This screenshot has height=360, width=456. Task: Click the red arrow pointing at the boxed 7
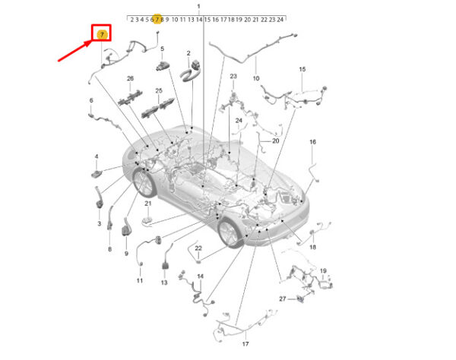[x=75, y=51]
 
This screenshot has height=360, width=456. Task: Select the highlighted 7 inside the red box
[x=102, y=35]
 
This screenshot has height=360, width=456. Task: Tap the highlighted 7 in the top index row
[x=157, y=20]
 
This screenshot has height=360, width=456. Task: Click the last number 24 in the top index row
[x=280, y=20]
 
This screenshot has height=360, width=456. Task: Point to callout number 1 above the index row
[x=199, y=6]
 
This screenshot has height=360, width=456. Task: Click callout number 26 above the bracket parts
[x=130, y=78]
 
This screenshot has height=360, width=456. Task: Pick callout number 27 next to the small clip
[x=283, y=298]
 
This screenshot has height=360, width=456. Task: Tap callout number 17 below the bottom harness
[x=245, y=344]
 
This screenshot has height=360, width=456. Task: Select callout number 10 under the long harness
[x=256, y=78]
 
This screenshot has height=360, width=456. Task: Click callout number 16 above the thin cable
[x=312, y=142]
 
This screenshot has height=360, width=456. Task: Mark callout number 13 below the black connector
[x=164, y=283]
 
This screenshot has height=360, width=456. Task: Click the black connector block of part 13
[x=166, y=266]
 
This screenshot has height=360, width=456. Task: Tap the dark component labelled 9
[x=125, y=227]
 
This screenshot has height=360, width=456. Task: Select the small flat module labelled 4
[x=97, y=174]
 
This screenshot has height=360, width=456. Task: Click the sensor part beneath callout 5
[x=163, y=66]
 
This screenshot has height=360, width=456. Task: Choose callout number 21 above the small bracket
[x=148, y=204]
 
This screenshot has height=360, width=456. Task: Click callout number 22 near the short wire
[x=198, y=248]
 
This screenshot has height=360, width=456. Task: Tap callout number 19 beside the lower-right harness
[x=323, y=271]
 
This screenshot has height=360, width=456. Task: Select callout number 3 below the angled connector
[x=99, y=223]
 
